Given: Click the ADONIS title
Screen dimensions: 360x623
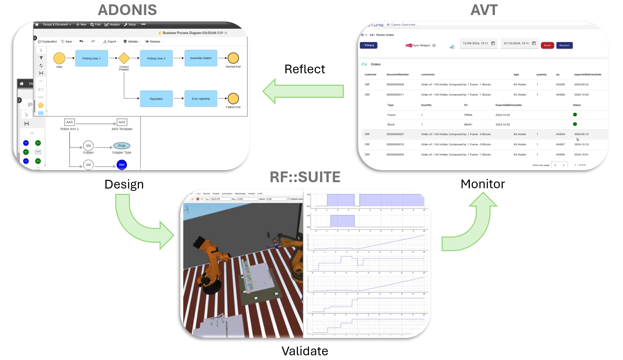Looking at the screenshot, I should [127, 10].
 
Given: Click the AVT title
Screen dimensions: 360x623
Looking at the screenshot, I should [484, 10].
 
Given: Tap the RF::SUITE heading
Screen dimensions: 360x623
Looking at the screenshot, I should [305, 177].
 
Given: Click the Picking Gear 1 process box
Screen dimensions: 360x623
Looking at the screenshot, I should [91, 58].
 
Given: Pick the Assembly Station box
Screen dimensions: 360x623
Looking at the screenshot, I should [201, 58].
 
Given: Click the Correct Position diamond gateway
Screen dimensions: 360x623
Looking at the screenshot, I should [124, 58].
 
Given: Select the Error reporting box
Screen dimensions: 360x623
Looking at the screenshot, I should [201, 99].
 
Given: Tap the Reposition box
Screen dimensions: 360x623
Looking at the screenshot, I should [156, 99].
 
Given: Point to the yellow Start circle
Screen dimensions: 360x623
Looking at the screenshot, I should [59, 58].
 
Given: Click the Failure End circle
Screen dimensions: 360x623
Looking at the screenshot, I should [233, 98].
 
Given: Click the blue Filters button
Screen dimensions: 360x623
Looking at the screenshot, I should [369, 45].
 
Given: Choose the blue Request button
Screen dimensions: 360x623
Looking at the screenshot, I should [564, 45].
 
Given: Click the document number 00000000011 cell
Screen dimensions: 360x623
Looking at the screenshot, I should [395, 95].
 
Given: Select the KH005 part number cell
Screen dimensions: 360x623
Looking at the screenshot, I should [560, 84].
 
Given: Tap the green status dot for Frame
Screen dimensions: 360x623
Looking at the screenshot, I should [575, 115].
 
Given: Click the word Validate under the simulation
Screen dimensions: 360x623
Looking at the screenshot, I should [305, 351].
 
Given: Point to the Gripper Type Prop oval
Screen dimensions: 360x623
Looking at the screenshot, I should [122, 146].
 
